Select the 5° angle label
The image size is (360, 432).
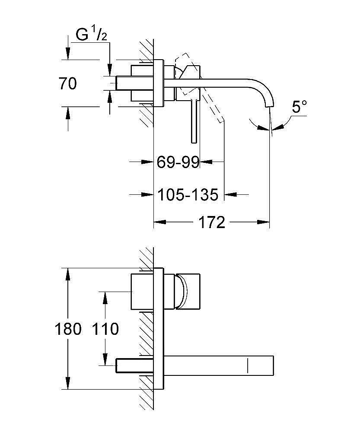[x=299, y=107]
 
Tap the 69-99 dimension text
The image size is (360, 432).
[x=178, y=162]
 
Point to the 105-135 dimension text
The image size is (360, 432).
[x=188, y=195]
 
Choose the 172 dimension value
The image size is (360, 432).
[x=212, y=222]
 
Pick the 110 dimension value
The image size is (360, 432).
[x=105, y=329]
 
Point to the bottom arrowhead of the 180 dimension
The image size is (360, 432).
[x=68, y=383]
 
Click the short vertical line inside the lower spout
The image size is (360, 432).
[x=248, y=365]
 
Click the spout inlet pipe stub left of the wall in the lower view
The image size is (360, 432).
[x=130, y=365]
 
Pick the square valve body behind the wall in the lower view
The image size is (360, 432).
[x=141, y=292]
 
